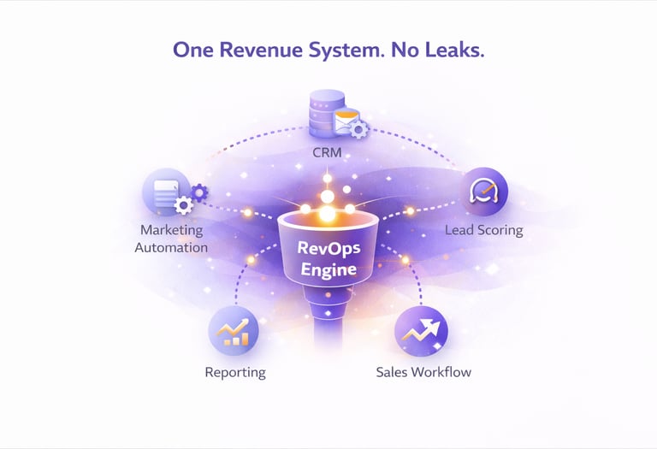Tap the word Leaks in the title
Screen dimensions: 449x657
click(456, 50)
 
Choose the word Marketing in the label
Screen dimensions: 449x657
click(172, 230)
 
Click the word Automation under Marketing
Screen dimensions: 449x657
click(175, 247)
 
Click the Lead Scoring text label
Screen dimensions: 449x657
click(483, 230)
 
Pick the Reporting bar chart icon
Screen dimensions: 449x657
click(233, 331)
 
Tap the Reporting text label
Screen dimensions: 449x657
click(235, 372)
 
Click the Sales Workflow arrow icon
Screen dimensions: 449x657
click(422, 330)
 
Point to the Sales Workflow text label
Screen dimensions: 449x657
click(423, 372)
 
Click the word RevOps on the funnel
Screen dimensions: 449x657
click(328, 251)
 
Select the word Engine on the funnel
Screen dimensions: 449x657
click(328, 272)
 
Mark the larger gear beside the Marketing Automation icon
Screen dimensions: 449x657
click(182, 206)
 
